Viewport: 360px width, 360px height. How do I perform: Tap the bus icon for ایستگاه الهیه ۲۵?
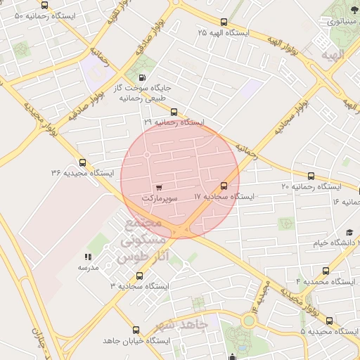224,22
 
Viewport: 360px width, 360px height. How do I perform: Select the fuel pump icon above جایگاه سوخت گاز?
144,77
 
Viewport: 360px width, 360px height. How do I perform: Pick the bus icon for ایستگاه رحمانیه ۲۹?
174,111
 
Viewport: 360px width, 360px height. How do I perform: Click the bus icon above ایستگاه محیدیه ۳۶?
82,162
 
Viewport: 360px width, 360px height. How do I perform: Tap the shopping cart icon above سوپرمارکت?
160,188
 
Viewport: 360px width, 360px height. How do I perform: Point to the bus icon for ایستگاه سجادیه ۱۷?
224,186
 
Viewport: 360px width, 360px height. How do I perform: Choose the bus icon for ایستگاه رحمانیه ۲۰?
311,176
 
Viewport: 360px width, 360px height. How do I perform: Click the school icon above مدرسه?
88,257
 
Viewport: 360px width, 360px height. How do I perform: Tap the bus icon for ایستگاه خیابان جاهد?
136,329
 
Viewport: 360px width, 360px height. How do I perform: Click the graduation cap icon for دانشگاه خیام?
349,233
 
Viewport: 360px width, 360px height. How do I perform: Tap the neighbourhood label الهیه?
332,54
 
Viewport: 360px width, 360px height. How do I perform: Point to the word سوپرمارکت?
160,199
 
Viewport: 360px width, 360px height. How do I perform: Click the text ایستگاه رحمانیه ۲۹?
174,122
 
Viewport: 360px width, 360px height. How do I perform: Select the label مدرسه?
88,269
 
